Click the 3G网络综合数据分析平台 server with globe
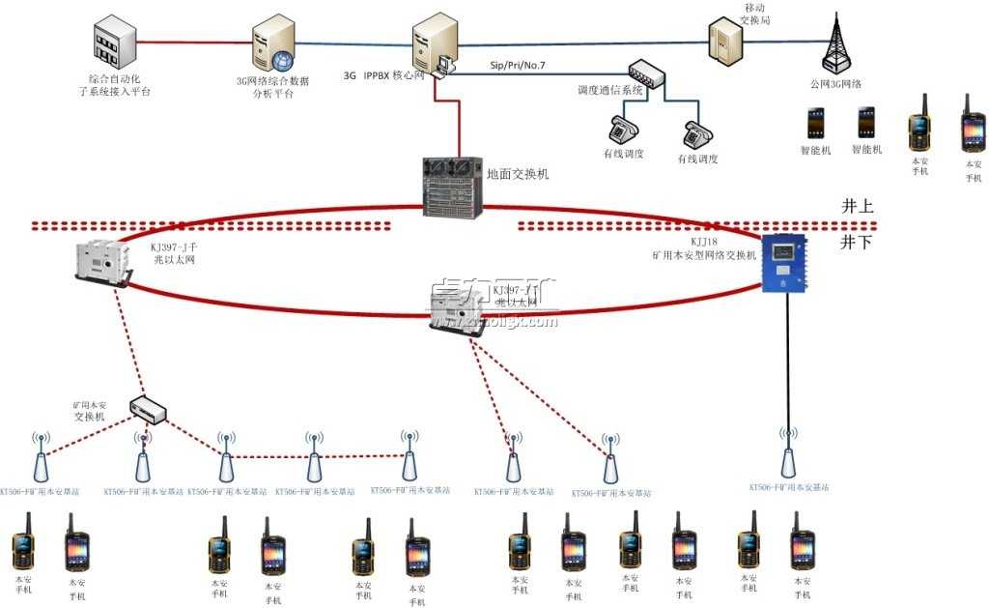coord(271,44)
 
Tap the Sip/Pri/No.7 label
coord(518,65)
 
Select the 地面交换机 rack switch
coord(452,185)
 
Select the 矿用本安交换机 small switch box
coord(149,411)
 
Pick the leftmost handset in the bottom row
coord(22,544)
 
